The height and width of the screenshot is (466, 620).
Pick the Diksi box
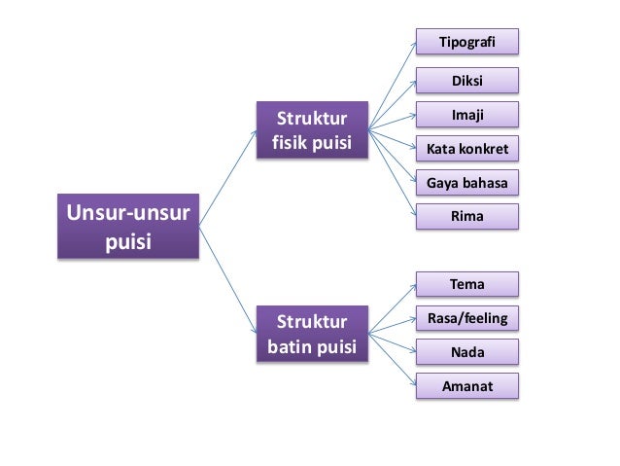(466, 82)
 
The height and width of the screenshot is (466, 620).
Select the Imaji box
(466, 116)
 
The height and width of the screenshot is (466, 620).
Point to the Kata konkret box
(466, 149)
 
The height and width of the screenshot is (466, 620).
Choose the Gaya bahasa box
(466, 182)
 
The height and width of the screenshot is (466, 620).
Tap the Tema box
(466, 284)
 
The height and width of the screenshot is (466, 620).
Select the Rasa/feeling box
(466, 318)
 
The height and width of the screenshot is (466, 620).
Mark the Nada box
(466, 352)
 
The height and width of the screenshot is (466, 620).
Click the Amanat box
(466, 386)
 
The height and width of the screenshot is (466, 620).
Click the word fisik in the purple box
(288, 146)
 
